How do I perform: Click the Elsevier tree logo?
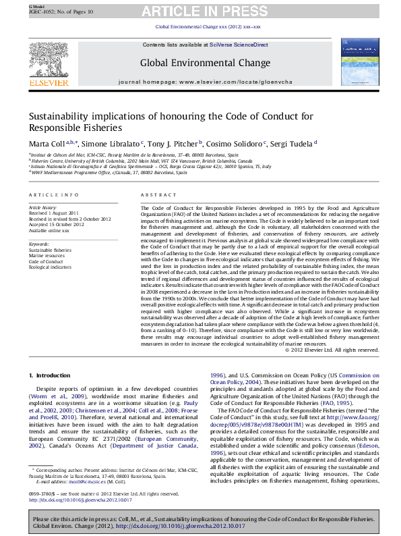tap(49, 61)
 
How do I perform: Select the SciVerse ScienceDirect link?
tap(239, 45)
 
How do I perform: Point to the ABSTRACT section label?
tap(154, 194)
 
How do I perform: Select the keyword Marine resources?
tap(47, 256)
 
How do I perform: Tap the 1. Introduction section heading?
tap(49, 375)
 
